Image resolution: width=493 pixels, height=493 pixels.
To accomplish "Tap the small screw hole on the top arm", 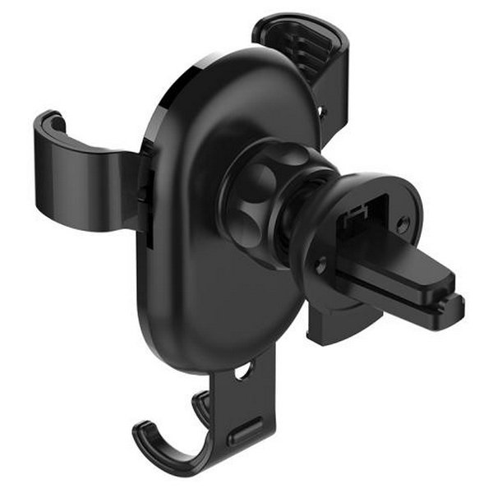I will [x=323, y=109].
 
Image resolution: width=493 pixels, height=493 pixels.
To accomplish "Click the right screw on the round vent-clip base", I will [x=402, y=223].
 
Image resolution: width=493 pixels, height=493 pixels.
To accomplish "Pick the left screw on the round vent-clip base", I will [x=320, y=265].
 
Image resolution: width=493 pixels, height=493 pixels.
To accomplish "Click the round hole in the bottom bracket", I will [x=244, y=372].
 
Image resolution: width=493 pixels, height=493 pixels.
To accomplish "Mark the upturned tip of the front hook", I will [x=141, y=431].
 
